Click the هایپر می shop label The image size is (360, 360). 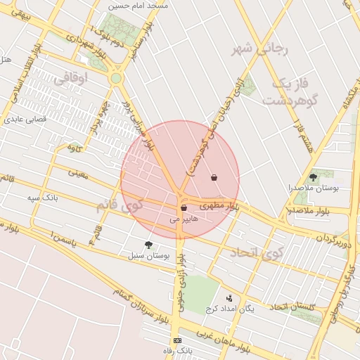(185, 219)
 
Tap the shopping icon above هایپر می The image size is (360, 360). (184, 208)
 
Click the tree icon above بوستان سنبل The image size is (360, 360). (148, 244)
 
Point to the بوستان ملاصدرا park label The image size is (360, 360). (314, 188)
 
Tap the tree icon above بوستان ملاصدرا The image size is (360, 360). (313, 177)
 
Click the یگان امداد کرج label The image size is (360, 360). (229, 308)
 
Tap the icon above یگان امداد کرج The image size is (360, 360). (229, 297)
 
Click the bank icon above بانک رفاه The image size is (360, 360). (177, 340)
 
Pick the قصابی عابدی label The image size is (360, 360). (26, 120)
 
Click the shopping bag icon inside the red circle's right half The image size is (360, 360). (214, 177)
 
